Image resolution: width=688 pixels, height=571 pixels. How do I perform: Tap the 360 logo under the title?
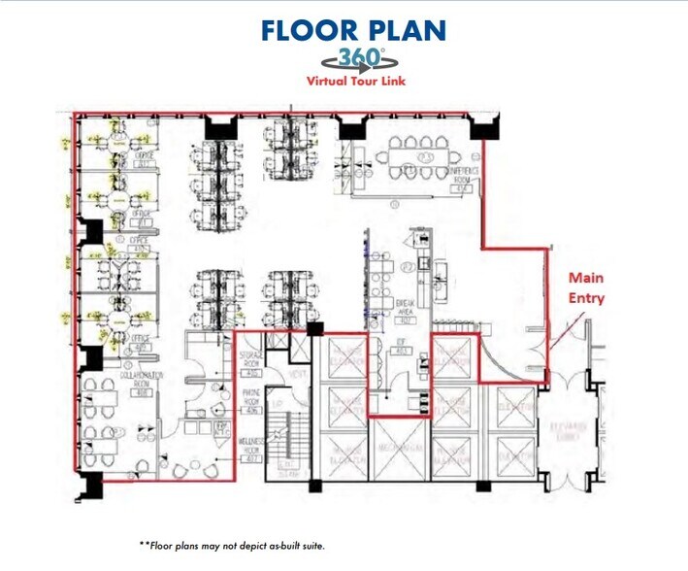[356, 58]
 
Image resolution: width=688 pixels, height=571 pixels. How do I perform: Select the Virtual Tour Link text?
[356, 82]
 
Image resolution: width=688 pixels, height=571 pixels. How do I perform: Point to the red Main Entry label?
[586, 289]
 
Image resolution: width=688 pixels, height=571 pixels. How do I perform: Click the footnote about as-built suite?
[232, 546]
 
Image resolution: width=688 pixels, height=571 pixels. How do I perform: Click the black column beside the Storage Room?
[315, 330]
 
